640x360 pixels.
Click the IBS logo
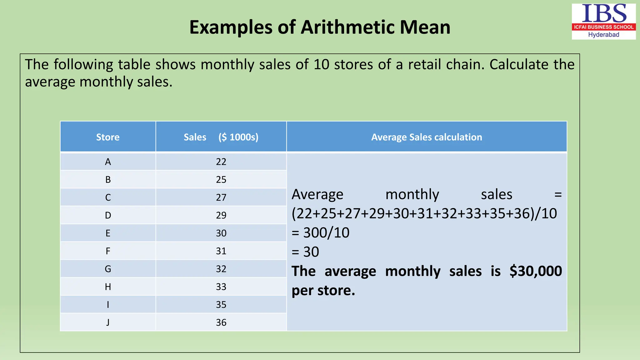[x=603, y=21]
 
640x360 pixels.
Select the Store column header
[x=108, y=137]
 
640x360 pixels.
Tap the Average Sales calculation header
[x=427, y=137]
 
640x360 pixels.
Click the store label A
[x=108, y=162]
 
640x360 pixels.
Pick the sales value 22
[x=221, y=162]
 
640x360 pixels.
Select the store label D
[x=108, y=215]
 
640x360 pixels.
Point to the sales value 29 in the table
[x=221, y=215]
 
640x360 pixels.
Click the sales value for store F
[x=221, y=251]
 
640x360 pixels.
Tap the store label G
[x=108, y=269]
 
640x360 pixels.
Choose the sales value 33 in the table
[x=221, y=287]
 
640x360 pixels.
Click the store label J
[x=108, y=322]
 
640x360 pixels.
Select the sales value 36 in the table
[x=221, y=322]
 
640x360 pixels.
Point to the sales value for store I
[x=221, y=305]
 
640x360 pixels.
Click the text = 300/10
[x=320, y=233]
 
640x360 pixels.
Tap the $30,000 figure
[x=536, y=271]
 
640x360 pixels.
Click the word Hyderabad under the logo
[x=603, y=35]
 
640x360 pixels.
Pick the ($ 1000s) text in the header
[x=238, y=137]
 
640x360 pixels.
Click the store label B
[x=108, y=180]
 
